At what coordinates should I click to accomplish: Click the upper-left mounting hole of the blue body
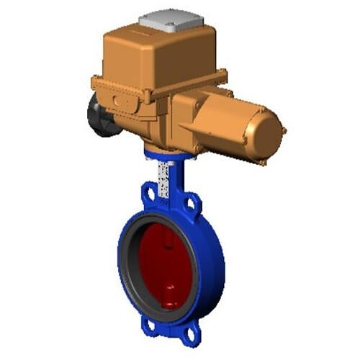tap(149, 194)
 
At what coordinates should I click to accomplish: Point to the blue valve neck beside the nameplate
tap(176, 180)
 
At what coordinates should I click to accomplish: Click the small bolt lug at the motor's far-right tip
tap(284, 130)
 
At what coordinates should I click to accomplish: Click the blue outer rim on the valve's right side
tap(215, 266)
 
